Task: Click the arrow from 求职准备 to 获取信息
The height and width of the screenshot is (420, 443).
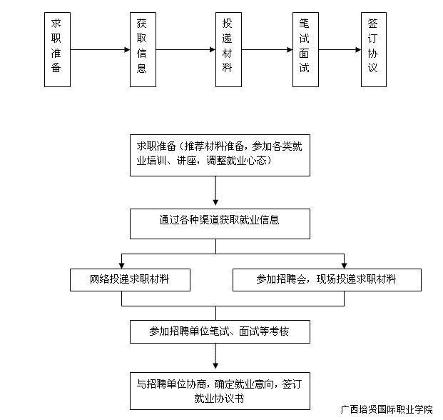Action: click(x=100, y=50)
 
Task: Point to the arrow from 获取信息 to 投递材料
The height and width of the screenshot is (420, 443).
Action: click(x=185, y=50)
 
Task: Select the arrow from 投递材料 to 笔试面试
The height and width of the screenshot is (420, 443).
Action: click(x=267, y=50)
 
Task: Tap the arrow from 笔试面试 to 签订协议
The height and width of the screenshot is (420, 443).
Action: click(x=340, y=50)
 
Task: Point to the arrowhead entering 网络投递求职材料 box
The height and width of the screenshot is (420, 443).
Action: click(x=121, y=265)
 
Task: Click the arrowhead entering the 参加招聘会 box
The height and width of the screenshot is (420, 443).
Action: click(x=344, y=265)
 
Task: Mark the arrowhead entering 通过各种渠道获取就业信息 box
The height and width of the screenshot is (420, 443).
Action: click(x=215, y=202)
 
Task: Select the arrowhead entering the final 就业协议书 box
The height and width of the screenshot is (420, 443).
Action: click(x=215, y=366)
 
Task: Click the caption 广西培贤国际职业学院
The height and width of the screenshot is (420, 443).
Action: click(x=387, y=409)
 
